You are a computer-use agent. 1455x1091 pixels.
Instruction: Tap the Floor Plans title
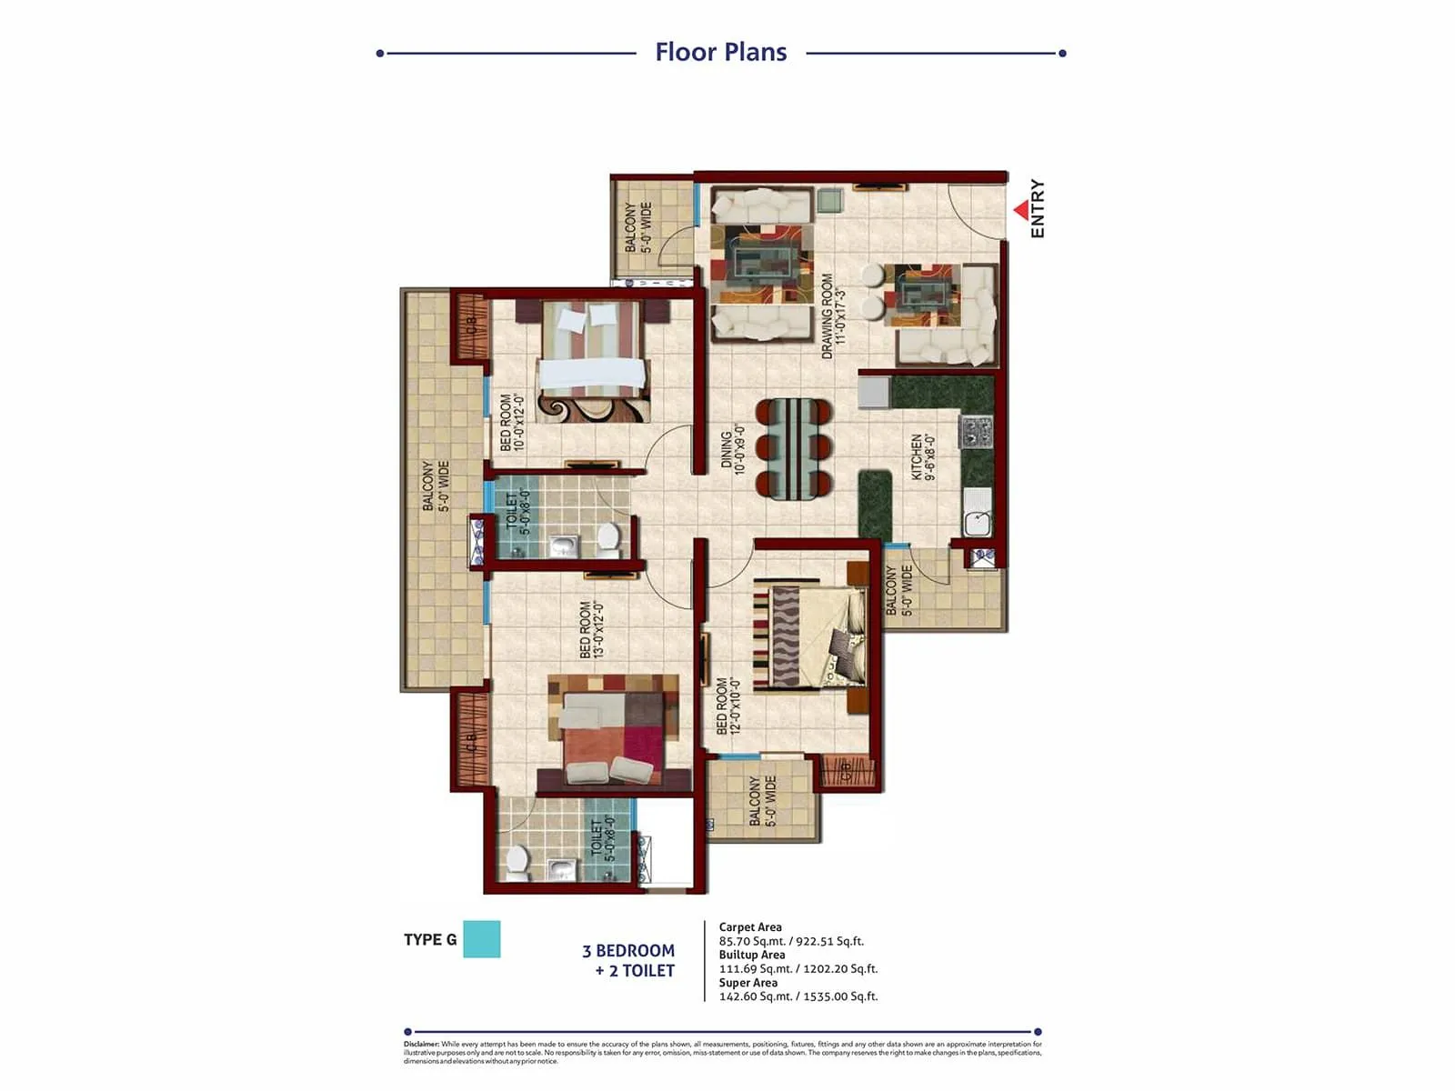click(x=720, y=52)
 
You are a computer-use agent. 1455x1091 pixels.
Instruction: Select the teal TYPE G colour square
click(x=481, y=939)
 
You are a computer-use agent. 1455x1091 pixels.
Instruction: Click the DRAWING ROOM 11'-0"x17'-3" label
click(x=833, y=315)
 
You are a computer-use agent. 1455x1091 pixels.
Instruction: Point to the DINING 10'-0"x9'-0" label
click(x=733, y=449)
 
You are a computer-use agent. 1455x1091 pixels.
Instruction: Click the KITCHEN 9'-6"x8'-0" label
click(x=922, y=455)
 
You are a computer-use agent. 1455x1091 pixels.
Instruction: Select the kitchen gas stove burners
click(x=976, y=432)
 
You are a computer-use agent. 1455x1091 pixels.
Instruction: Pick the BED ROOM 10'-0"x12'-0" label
click(x=512, y=422)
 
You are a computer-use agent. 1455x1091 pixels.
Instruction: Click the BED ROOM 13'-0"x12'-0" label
click(x=592, y=629)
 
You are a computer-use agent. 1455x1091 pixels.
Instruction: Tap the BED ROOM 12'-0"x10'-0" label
click(x=728, y=706)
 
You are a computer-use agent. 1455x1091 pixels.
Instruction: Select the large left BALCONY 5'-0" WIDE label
click(x=435, y=485)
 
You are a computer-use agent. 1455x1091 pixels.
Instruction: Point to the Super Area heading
click(x=748, y=982)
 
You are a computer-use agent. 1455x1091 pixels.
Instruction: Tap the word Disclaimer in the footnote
click(x=421, y=1044)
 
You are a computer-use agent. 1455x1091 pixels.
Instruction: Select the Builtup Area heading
click(x=751, y=955)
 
